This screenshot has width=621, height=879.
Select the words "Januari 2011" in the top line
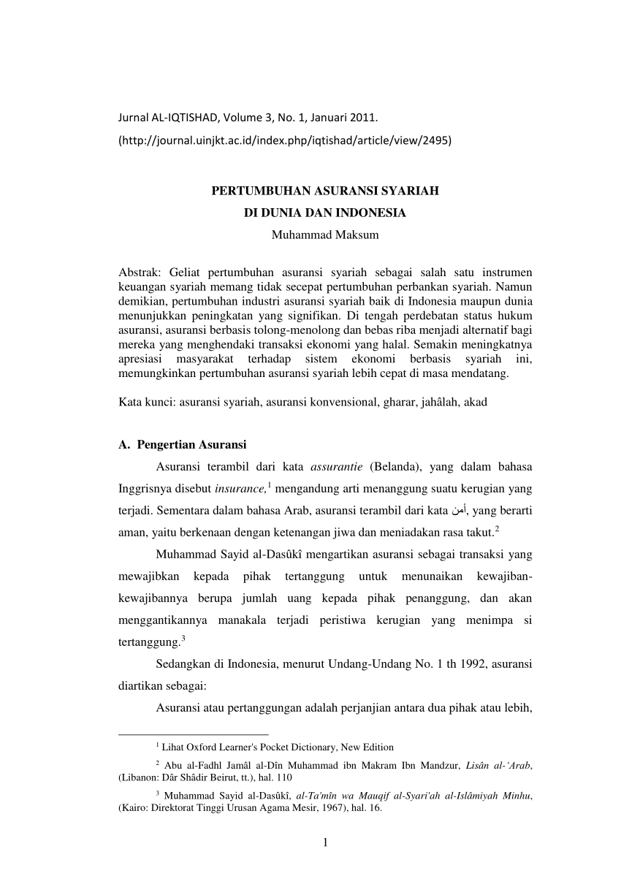(x=347, y=116)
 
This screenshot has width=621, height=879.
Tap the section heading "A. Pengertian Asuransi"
(x=182, y=445)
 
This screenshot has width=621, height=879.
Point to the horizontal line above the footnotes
(x=193, y=732)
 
